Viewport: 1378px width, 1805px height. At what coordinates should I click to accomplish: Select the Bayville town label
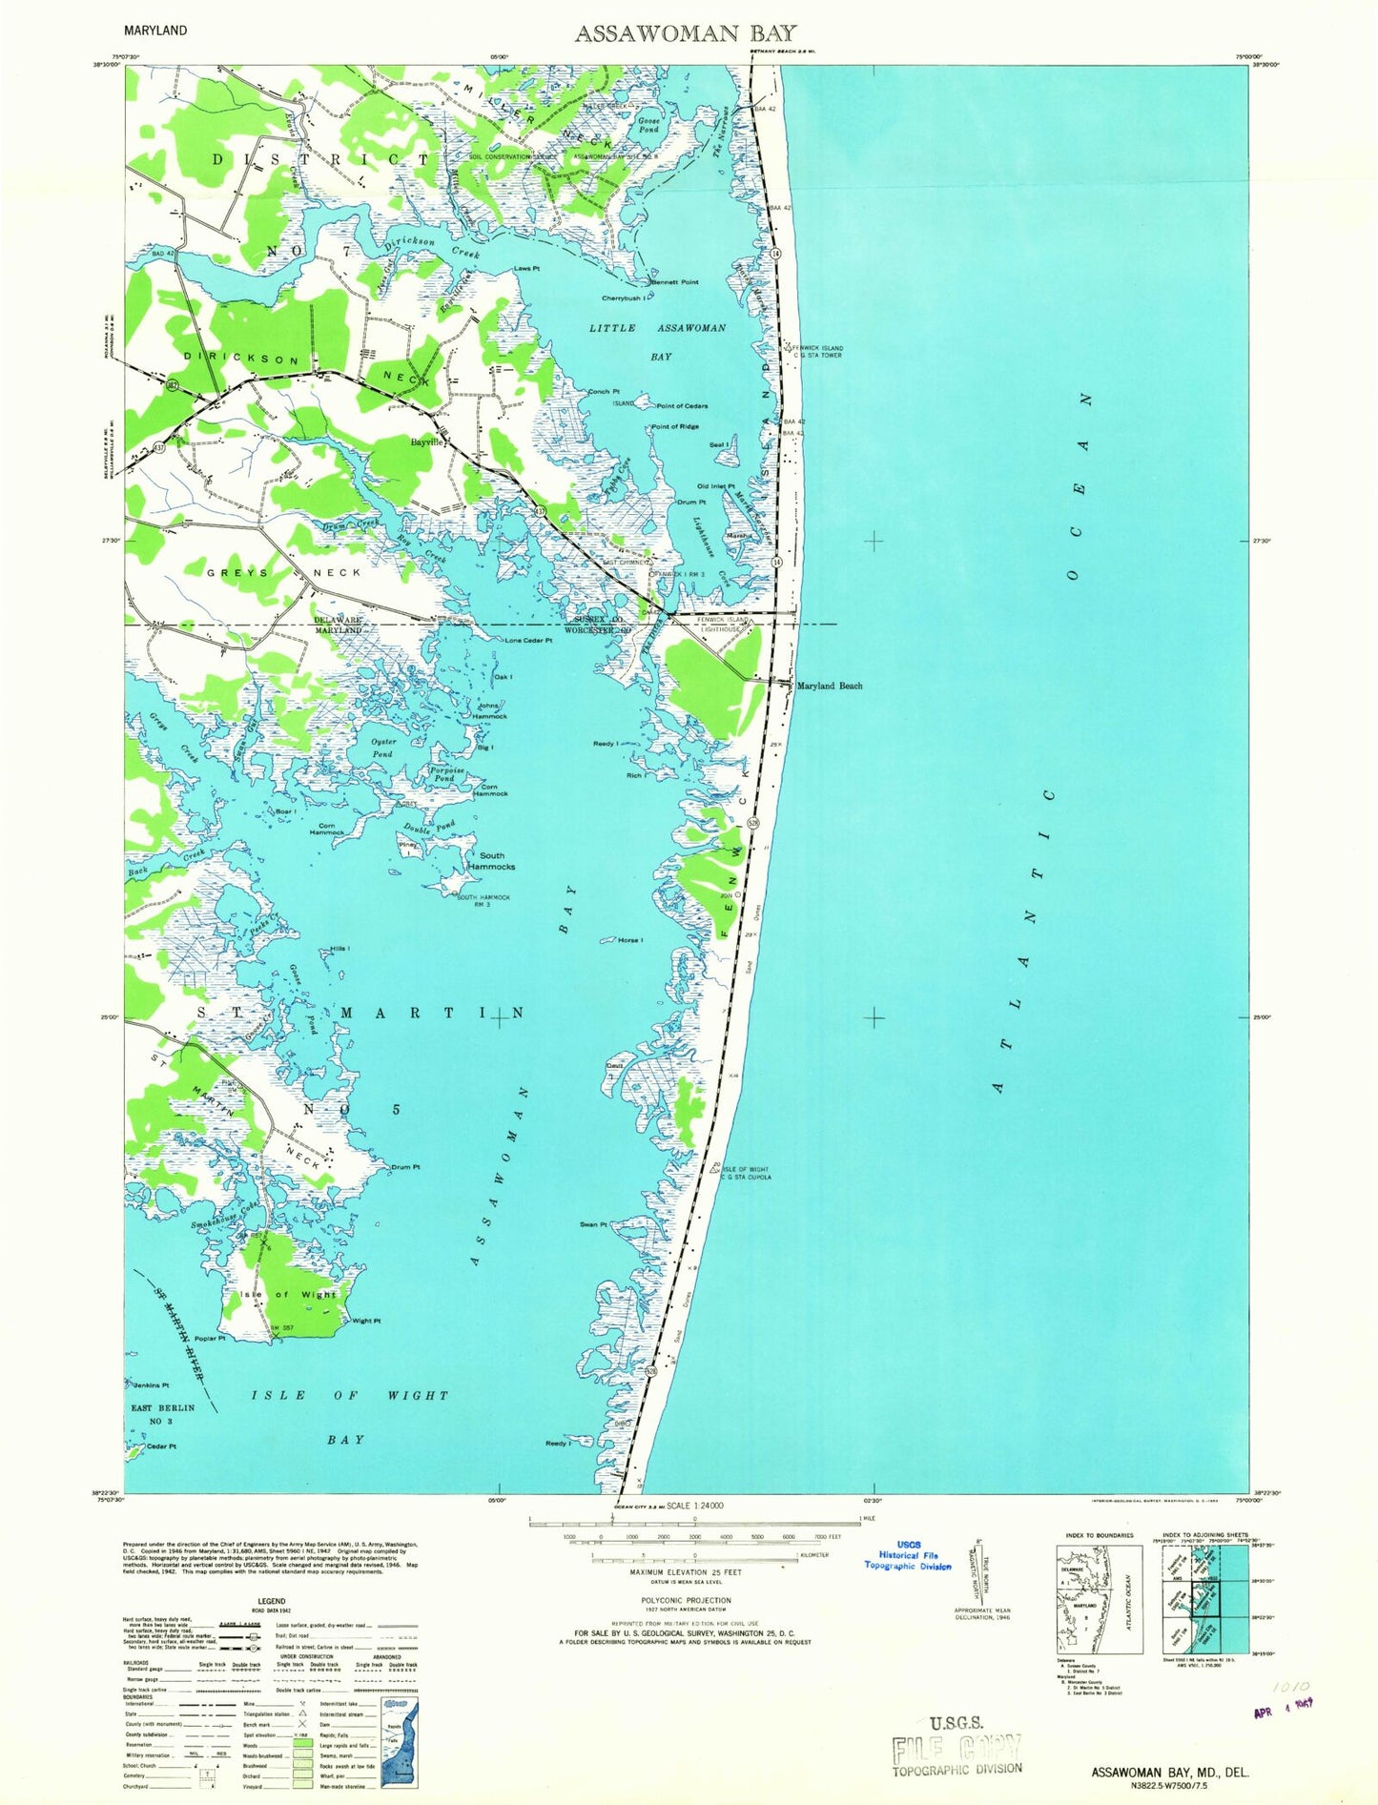click(428, 443)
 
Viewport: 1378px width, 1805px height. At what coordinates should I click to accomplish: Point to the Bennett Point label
click(675, 282)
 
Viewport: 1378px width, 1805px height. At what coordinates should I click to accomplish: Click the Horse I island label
click(629, 940)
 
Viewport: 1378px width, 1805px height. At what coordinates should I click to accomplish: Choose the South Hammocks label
click(491, 861)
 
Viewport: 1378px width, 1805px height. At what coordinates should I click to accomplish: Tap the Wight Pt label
click(366, 1321)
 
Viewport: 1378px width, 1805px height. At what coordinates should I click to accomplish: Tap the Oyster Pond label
click(381, 748)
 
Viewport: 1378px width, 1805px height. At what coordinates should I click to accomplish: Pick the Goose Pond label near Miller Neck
click(648, 125)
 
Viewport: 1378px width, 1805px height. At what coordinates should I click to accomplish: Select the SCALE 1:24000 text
click(693, 1506)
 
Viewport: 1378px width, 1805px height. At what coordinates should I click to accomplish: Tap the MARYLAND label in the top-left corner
click(154, 30)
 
